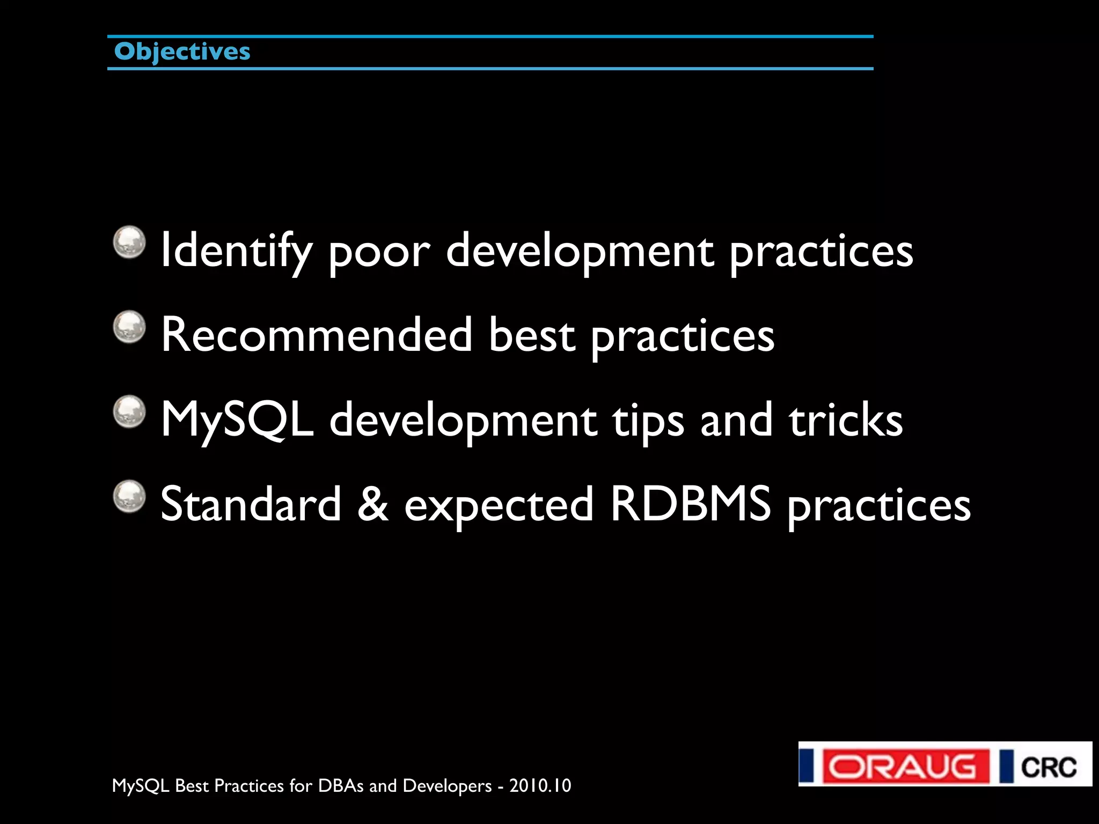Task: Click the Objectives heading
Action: point(182,52)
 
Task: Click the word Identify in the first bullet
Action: point(236,251)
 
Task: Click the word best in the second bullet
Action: point(532,335)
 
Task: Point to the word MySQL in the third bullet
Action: point(237,420)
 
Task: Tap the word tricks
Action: point(846,420)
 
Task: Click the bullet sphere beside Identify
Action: point(129,241)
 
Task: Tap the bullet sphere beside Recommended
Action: point(129,326)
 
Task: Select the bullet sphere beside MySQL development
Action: point(129,411)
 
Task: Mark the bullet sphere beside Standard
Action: point(129,496)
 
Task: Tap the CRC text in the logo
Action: point(1049,767)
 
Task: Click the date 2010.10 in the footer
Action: point(540,786)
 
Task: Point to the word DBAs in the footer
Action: point(341,786)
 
